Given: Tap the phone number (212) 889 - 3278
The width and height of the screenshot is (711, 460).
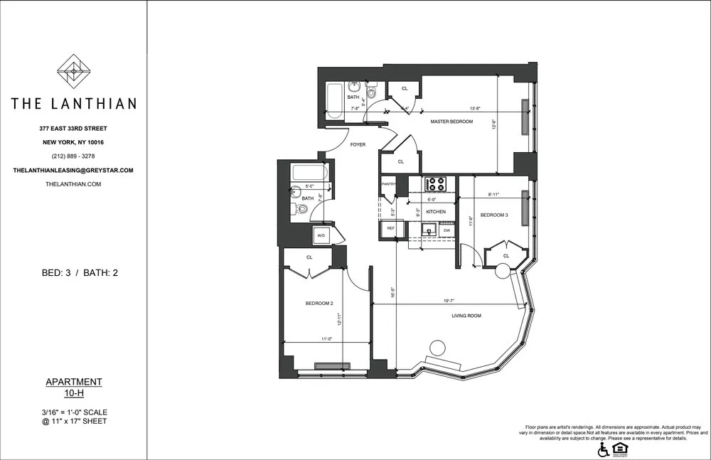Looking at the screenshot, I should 73,156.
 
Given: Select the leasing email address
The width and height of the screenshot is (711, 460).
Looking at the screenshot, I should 73,171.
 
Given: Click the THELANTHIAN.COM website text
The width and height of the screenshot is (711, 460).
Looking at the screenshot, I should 73,184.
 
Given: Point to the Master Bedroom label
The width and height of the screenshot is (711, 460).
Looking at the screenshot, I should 451,122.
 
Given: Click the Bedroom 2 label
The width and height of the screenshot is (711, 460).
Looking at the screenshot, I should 319,304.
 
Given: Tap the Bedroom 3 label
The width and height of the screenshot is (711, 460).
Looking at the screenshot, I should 494,215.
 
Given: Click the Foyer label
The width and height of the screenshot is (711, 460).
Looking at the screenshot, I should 358,144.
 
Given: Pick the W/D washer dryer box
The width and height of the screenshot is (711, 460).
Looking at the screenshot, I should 321,235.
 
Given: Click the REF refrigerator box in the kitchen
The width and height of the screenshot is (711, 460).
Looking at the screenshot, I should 390,229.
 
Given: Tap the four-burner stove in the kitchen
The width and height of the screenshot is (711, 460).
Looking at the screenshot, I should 435,184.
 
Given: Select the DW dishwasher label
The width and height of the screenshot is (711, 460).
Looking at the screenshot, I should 447,230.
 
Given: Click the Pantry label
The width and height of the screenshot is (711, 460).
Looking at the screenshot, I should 388,184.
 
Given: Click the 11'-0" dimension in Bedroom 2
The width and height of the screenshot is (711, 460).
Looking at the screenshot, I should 326,339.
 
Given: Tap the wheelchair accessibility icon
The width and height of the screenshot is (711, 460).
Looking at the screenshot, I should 603,449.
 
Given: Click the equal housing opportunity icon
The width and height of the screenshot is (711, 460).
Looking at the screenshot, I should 619,449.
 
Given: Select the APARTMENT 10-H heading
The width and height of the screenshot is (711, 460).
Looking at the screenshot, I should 73,387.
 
